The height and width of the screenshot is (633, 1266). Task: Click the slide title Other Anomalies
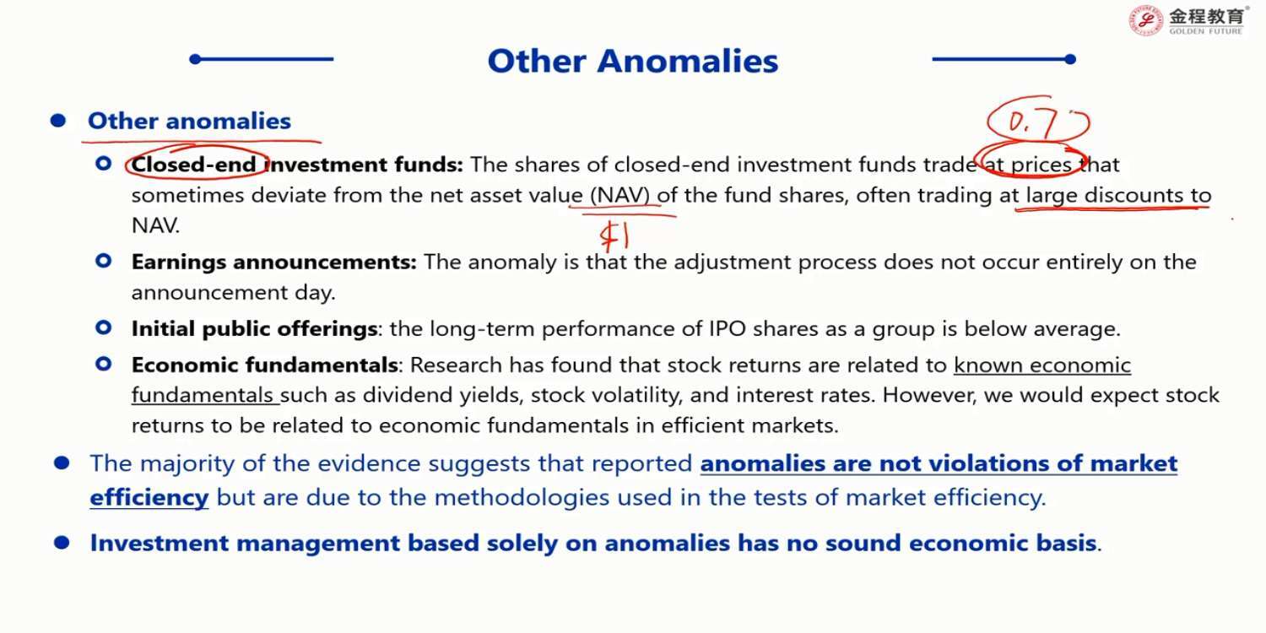click(x=632, y=61)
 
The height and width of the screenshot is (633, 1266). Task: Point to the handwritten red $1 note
click(x=614, y=235)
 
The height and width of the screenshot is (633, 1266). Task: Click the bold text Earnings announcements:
click(x=274, y=262)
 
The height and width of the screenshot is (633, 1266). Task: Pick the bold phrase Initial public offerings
click(x=254, y=329)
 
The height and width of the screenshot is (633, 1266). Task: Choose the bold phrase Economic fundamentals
click(x=264, y=365)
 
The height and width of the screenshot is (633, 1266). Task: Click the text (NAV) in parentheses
click(x=620, y=196)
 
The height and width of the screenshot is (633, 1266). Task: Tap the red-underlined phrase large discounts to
click(x=1118, y=195)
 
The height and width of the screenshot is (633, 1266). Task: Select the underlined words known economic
click(x=1042, y=365)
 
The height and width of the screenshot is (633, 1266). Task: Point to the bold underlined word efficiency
click(x=149, y=498)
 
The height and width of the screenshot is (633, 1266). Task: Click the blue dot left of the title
click(x=196, y=59)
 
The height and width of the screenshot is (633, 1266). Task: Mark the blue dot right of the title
click(x=1070, y=59)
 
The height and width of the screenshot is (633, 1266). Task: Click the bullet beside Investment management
click(x=62, y=544)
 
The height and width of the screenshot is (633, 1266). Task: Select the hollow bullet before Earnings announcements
click(x=104, y=261)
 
